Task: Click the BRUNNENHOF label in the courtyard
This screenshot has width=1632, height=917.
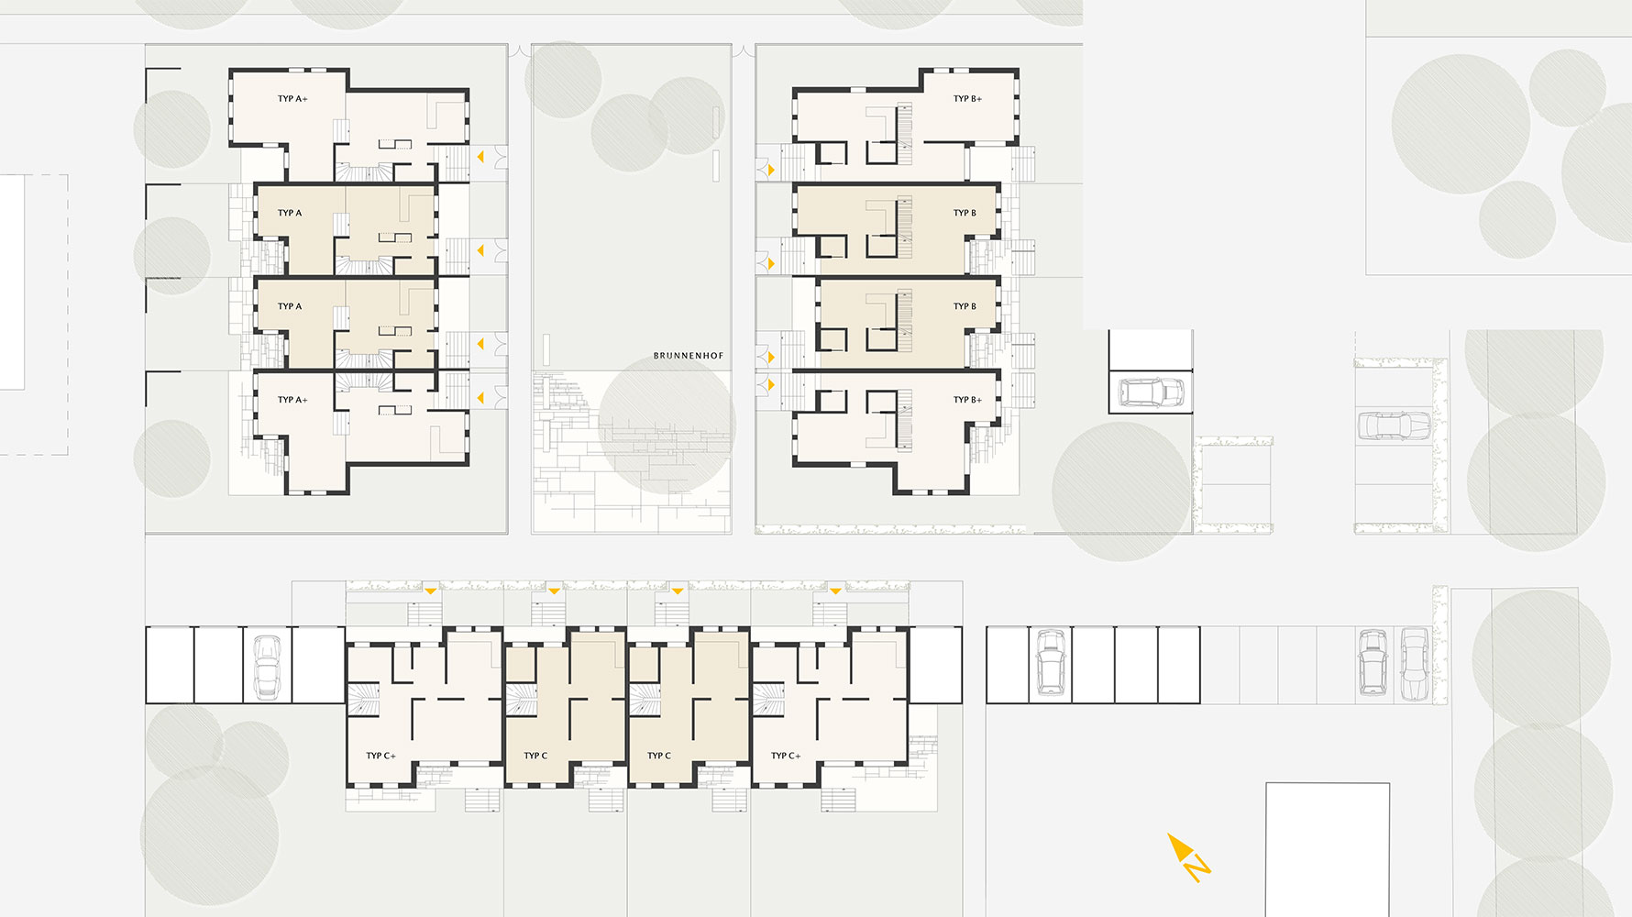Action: click(688, 356)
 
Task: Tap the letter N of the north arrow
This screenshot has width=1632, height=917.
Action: click(1197, 866)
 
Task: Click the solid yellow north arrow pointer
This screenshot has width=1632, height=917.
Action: click(1176, 845)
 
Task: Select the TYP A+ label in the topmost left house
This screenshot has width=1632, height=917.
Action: click(292, 99)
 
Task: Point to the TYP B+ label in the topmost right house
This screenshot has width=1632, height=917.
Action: click(967, 99)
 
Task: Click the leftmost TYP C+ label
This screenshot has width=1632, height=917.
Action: click(380, 756)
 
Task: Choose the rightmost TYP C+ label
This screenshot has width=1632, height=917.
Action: click(786, 756)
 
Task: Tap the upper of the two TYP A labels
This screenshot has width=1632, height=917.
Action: click(290, 213)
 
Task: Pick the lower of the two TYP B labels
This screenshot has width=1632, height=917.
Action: click(965, 306)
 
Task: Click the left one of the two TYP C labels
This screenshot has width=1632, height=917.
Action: click(535, 756)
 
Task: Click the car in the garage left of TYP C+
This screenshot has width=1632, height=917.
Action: click(266, 667)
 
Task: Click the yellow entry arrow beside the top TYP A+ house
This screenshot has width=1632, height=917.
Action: click(480, 157)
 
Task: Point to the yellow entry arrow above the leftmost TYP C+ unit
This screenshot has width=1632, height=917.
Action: click(430, 591)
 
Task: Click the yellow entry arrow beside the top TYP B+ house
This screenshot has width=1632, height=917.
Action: click(771, 171)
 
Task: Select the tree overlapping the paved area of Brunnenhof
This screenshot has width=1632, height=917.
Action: click(667, 425)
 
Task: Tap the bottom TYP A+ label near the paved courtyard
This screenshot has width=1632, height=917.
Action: click(292, 400)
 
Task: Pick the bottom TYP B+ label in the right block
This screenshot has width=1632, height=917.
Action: click(967, 400)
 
